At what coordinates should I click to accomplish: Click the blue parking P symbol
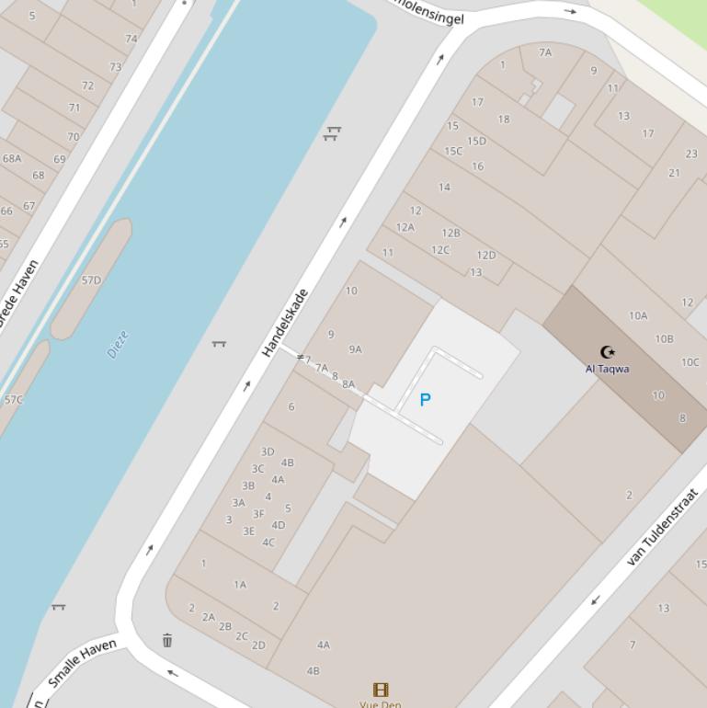coord(425,400)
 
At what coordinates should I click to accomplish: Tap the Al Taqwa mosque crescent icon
coord(607,351)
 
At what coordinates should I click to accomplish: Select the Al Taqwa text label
coord(607,369)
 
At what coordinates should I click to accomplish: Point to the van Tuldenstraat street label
coord(662,526)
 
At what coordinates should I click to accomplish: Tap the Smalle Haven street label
coord(82,663)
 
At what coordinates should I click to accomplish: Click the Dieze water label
coord(118,345)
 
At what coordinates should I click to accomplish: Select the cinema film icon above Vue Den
coord(381,689)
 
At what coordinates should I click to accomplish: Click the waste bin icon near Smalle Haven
coord(167,640)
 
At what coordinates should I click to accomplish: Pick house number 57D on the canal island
coord(91,280)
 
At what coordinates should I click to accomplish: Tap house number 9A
coord(356,349)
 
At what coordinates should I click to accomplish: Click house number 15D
coord(476,141)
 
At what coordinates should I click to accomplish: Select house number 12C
coord(440,250)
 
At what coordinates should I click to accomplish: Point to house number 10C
coord(690,362)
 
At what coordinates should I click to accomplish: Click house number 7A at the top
coord(545,52)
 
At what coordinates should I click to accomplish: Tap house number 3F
coord(258,514)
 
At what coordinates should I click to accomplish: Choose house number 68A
coord(12,158)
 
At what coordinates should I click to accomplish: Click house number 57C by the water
coord(14,400)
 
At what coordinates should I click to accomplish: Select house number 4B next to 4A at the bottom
coord(313,670)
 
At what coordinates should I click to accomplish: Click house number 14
coord(444,187)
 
